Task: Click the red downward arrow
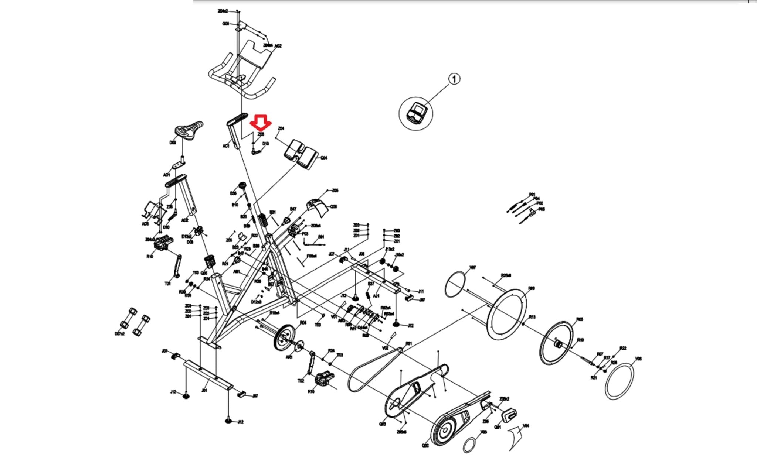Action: pos(261,123)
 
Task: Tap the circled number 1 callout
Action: pos(454,79)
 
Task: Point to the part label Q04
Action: pos(324,158)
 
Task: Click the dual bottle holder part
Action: pos(301,152)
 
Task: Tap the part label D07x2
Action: pos(119,334)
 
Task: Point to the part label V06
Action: pos(638,359)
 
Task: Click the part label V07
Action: pos(472,267)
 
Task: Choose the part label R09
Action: pos(531,288)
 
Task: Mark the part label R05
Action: pos(580,319)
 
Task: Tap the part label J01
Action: pos(204,390)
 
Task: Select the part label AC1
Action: pos(225,146)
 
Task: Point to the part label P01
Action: pos(532,194)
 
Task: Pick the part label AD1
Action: pos(166,175)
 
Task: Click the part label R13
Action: pos(532,317)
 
